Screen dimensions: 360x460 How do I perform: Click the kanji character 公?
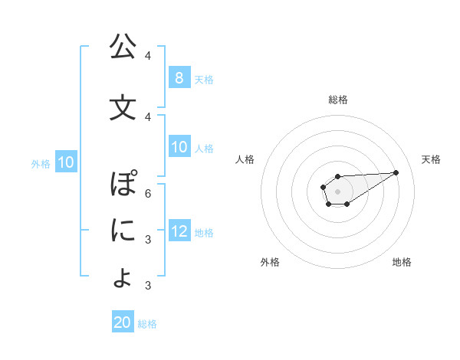click(x=123, y=47)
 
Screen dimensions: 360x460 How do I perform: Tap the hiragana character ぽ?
click(x=123, y=185)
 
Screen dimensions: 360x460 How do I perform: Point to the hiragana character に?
click(x=123, y=230)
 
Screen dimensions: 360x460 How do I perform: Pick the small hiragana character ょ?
click(x=123, y=277)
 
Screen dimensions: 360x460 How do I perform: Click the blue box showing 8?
click(x=179, y=77)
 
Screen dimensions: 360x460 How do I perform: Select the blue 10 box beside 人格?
click(x=179, y=148)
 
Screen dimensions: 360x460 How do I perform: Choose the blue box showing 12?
click(x=179, y=232)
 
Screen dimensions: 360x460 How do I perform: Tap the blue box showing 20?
click(x=123, y=322)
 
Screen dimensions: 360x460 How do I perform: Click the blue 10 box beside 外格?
click(x=65, y=162)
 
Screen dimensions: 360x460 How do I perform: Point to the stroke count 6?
click(x=147, y=193)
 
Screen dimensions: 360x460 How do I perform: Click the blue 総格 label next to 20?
click(x=147, y=324)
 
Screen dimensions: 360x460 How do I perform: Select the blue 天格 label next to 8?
click(x=204, y=79)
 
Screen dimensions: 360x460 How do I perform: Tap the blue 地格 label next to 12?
click(x=204, y=233)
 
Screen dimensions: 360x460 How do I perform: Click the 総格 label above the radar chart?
click(x=337, y=100)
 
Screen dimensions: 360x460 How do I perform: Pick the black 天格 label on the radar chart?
click(x=432, y=159)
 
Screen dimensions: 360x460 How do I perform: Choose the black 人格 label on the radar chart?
click(x=245, y=159)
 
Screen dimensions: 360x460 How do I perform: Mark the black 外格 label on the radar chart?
click(x=270, y=262)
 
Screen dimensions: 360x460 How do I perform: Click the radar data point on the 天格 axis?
click(x=396, y=172)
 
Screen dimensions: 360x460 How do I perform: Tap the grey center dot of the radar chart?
click(x=337, y=190)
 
